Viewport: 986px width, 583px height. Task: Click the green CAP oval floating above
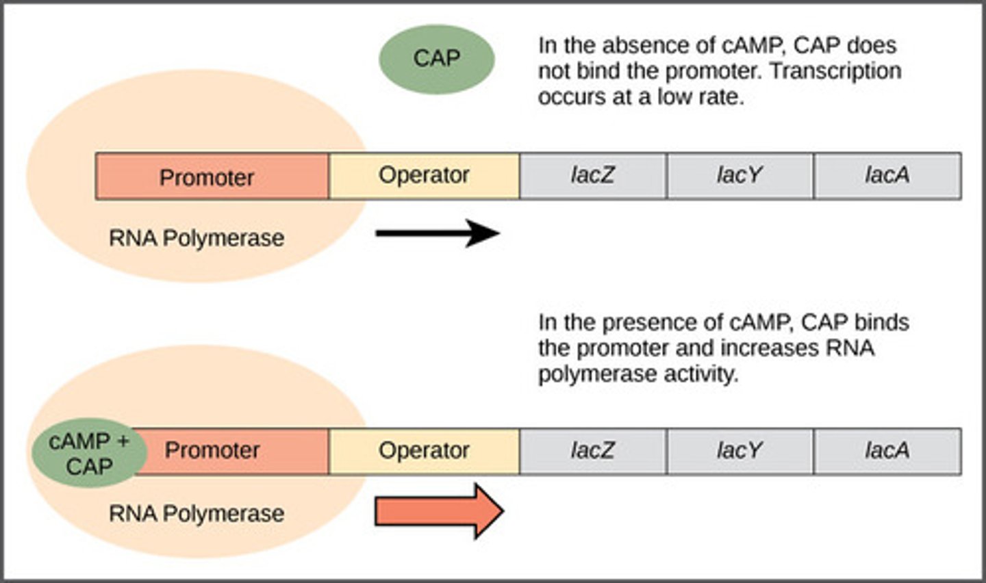click(436, 59)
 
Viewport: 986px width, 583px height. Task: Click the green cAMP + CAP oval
click(89, 453)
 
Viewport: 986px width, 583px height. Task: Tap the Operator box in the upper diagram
click(424, 175)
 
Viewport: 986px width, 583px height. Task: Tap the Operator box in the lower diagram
click(424, 450)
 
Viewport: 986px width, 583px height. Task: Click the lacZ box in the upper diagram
click(592, 175)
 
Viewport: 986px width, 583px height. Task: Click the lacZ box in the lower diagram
click(592, 450)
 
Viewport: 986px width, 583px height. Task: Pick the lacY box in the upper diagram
click(739, 175)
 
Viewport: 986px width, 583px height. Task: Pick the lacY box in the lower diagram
click(739, 450)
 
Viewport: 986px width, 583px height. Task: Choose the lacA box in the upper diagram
click(887, 175)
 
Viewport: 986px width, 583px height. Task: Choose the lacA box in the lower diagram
click(887, 450)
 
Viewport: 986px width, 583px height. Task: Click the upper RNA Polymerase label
click(197, 238)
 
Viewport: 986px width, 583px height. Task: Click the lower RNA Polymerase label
click(197, 513)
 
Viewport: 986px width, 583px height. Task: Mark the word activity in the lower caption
click(699, 374)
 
